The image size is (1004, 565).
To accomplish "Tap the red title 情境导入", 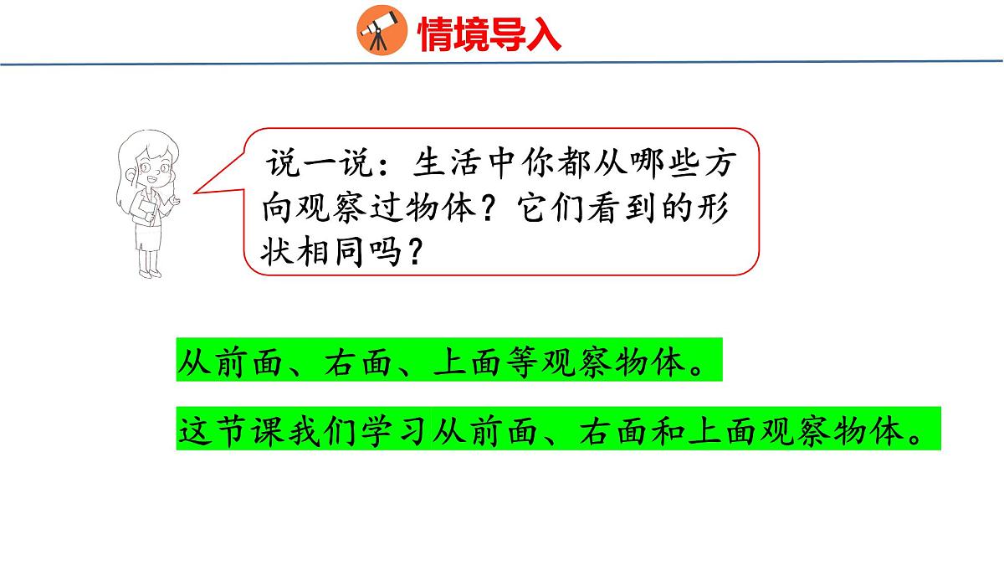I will pos(489,33).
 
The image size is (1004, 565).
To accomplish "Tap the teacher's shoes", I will pos(150,271).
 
